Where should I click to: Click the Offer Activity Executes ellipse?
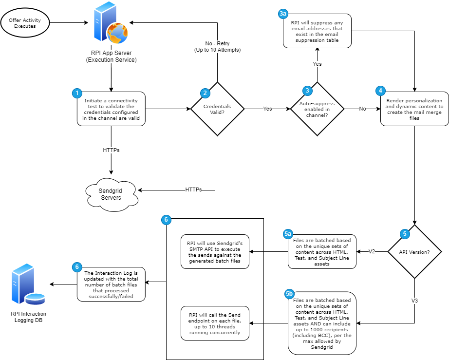(25, 23)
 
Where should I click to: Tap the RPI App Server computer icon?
(111, 24)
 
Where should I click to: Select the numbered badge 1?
(76, 93)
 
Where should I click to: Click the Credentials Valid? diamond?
(217, 109)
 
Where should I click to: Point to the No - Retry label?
(217, 47)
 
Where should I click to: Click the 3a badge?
(283, 14)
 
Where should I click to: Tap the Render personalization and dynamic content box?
(414, 109)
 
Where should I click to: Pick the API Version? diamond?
(414, 252)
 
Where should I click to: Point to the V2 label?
(372, 252)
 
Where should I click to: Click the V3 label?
(414, 301)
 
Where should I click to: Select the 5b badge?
(289, 294)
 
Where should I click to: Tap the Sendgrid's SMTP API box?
(214, 252)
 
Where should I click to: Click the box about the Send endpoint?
(214, 323)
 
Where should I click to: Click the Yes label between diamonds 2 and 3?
(267, 109)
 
